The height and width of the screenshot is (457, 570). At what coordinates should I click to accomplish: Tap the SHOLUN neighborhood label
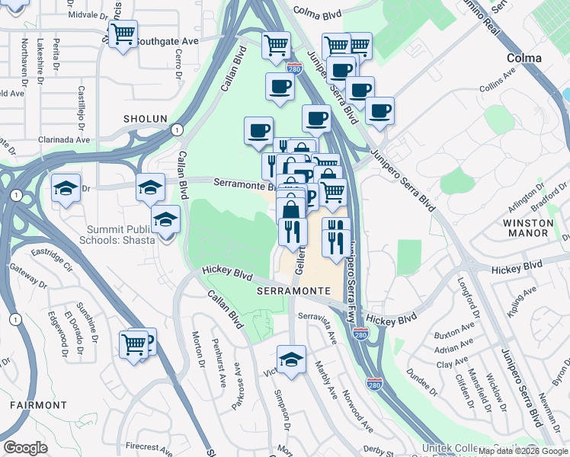pyautogui.click(x=145, y=119)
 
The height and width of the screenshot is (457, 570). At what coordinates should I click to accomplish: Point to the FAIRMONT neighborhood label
pyautogui.click(x=39, y=404)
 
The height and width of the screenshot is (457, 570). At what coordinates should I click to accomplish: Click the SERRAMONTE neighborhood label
pyautogui.click(x=293, y=292)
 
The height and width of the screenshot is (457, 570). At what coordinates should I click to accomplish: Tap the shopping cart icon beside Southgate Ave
pyautogui.click(x=123, y=34)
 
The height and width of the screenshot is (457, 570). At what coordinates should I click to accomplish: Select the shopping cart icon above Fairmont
pyautogui.click(x=134, y=344)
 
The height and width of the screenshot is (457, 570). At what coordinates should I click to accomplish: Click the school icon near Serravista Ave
pyautogui.click(x=291, y=360)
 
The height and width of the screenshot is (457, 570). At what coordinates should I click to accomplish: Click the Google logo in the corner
pyautogui.click(x=25, y=448)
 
